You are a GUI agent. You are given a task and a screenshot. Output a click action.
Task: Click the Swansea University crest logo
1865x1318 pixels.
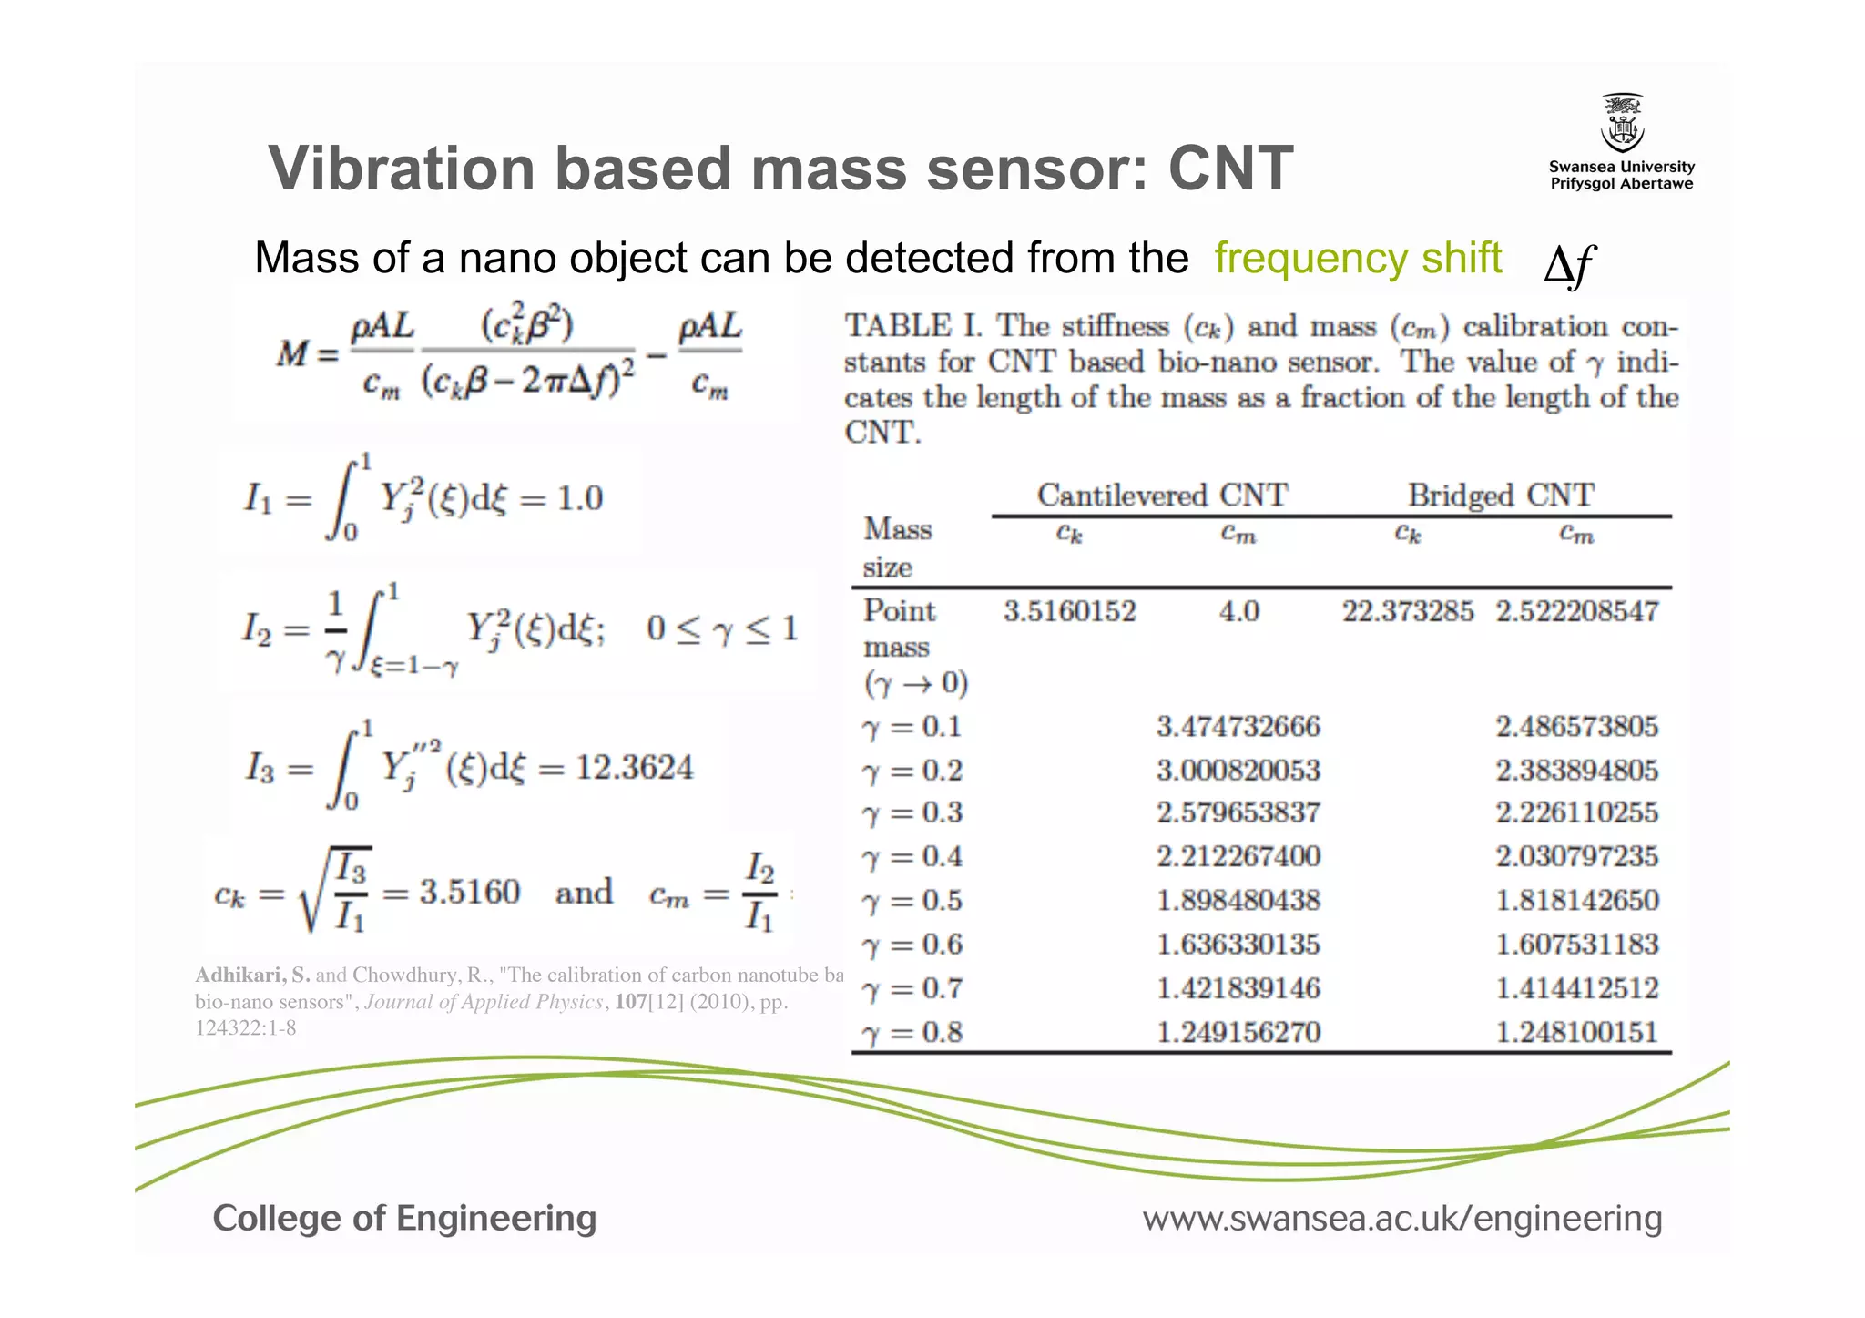1622,123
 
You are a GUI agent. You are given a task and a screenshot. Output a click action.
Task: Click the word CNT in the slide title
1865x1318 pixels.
1230,169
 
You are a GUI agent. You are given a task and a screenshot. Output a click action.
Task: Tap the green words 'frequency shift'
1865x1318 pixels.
1358,258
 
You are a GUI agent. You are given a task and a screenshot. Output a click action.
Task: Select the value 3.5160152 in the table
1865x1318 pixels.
1070,610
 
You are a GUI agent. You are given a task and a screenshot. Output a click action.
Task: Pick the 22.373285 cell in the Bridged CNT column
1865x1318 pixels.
1407,610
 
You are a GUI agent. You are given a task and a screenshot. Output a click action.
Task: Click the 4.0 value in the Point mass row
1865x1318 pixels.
1238,610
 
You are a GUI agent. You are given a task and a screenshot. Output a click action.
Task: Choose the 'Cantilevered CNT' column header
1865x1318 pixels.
1162,495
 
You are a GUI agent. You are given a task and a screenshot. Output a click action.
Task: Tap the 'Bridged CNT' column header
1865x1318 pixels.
1501,495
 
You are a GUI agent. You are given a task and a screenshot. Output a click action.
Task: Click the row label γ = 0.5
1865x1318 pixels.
912,901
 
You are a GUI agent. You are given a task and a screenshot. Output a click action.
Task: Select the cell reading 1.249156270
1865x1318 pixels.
1238,1032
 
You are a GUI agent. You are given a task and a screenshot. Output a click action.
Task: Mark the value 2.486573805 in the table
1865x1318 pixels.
1576,726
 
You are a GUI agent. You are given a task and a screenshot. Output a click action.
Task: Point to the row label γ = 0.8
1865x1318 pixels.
912,1033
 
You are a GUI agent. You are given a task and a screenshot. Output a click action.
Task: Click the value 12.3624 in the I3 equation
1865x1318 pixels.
634,767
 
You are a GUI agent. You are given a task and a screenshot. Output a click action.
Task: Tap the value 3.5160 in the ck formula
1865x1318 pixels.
469,891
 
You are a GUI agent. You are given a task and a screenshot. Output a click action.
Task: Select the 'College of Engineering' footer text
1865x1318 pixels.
404,1218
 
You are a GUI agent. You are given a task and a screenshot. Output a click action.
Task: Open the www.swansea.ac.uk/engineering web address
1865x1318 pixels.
1402,1218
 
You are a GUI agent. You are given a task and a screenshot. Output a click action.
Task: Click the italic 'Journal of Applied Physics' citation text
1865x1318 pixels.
484,1002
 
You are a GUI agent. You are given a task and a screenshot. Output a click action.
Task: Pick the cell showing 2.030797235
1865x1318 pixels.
1576,856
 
